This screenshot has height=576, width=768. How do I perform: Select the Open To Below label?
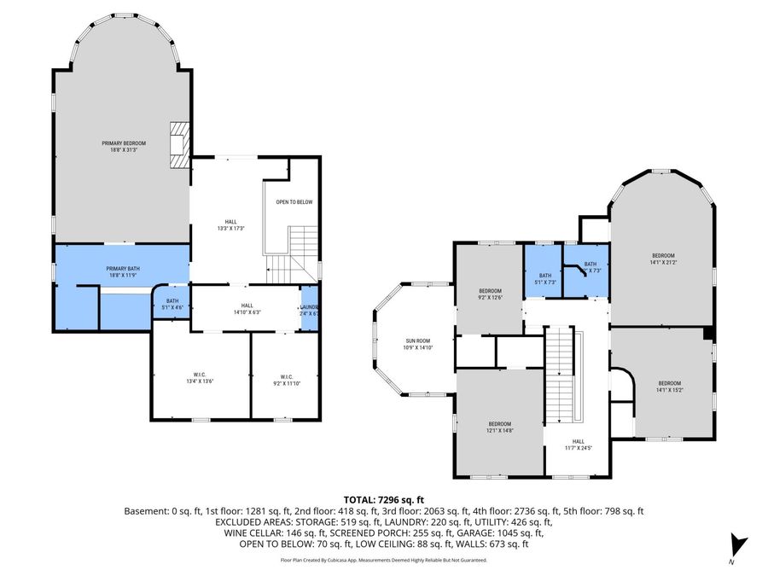[x=294, y=202]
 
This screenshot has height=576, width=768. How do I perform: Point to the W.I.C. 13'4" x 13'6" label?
[x=201, y=379]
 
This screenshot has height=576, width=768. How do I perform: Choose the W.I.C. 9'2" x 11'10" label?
[x=287, y=379]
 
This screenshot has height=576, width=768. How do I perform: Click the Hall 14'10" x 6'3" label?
[x=247, y=309]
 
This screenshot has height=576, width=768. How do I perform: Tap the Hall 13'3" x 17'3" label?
[x=225, y=225]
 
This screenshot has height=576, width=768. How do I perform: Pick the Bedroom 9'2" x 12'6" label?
[x=490, y=293]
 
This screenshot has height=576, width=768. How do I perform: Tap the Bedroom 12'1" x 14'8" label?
[x=499, y=428]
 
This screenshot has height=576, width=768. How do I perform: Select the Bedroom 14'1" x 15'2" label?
[x=669, y=387]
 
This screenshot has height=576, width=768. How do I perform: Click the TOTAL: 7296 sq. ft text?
[x=383, y=499]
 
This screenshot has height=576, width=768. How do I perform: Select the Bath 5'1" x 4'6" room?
[x=172, y=303]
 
